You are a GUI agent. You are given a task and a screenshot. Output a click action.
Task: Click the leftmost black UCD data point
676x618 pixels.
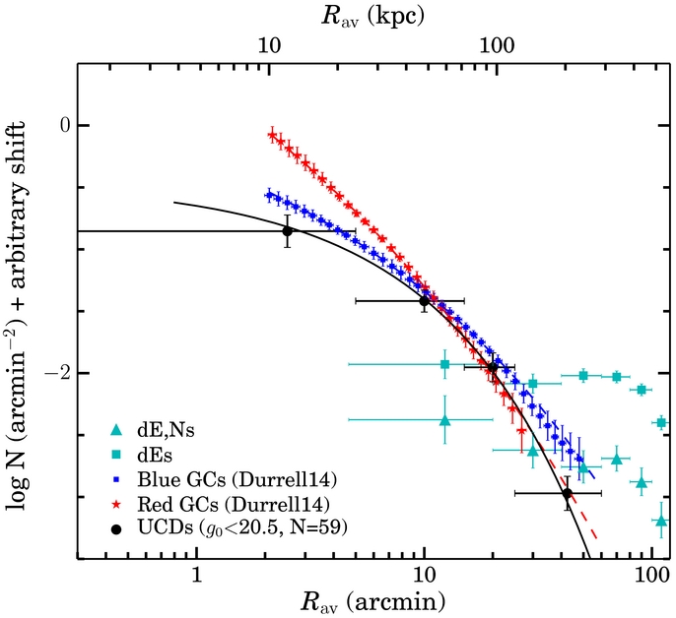click(x=288, y=231)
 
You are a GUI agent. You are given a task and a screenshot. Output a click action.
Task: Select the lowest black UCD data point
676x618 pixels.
click(x=568, y=493)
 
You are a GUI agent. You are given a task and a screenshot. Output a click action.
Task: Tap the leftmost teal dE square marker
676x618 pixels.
click(x=445, y=364)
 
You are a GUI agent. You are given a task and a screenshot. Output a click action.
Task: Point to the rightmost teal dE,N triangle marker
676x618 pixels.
click(x=662, y=522)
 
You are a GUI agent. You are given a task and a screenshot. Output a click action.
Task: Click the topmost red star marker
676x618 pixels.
click(x=272, y=135)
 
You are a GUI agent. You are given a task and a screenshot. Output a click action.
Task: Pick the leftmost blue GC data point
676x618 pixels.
click(x=269, y=195)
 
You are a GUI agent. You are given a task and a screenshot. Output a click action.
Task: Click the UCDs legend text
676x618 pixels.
click(x=242, y=527)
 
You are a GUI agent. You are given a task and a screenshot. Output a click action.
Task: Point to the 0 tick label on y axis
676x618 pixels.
click(x=65, y=126)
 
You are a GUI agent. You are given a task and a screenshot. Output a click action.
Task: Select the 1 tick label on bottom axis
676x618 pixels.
click(x=197, y=575)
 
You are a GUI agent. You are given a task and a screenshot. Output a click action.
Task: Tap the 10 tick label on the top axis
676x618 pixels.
click(x=269, y=45)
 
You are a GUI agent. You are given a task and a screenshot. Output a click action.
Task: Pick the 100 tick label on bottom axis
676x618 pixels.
click(x=652, y=575)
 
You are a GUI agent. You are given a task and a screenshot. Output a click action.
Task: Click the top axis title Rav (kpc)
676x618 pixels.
click(x=372, y=17)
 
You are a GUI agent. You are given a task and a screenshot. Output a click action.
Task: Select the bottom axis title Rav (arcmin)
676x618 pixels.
click(x=372, y=602)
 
